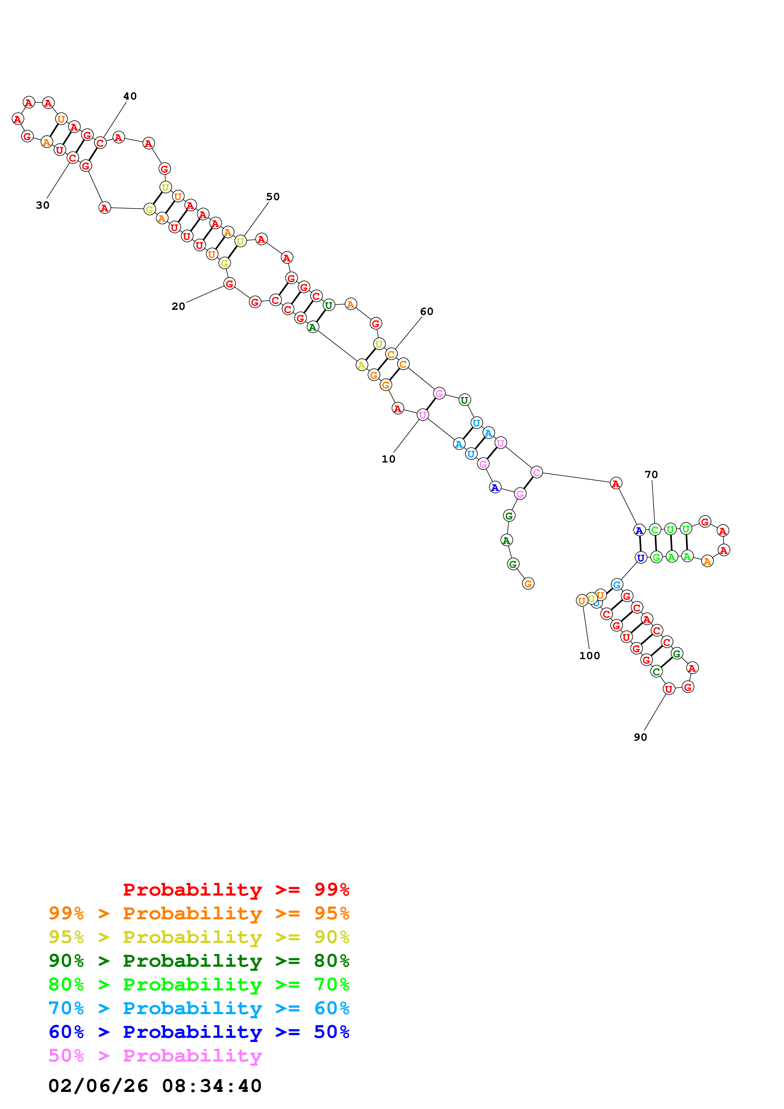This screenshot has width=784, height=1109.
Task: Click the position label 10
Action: coord(388,459)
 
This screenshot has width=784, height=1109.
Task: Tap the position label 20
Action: coord(178,306)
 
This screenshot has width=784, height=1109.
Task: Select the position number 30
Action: coord(42,205)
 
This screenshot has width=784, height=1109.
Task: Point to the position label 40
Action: coord(130,96)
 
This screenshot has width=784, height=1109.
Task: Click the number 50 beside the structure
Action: coord(273,197)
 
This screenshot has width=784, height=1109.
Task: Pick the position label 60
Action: coord(427,311)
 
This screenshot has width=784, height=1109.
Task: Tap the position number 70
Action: coord(651,474)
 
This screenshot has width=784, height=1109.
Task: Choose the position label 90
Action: coord(640,737)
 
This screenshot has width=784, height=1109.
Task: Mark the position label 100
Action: coord(589,655)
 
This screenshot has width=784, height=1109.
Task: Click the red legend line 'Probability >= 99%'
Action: coord(236,889)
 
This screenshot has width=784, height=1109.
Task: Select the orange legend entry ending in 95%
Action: coord(199,913)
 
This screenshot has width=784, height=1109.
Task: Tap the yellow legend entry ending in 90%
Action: coord(199,937)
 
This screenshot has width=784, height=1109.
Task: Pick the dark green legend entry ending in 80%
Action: coord(199,960)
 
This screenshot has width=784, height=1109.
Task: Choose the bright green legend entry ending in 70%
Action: coord(199,984)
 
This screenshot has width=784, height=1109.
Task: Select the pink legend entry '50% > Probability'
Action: coord(155,1055)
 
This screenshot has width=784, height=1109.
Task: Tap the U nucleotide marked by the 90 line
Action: coord(669,689)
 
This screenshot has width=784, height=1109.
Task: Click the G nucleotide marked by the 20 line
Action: coord(230,284)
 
